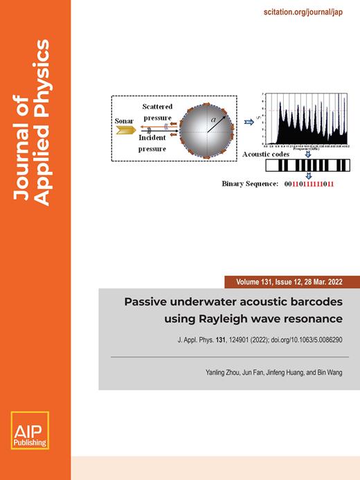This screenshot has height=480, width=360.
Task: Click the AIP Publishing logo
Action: point(27,430)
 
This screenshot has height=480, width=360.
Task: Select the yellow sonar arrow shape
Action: point(125,129)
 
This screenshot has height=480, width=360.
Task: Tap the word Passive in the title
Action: point(145,302)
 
